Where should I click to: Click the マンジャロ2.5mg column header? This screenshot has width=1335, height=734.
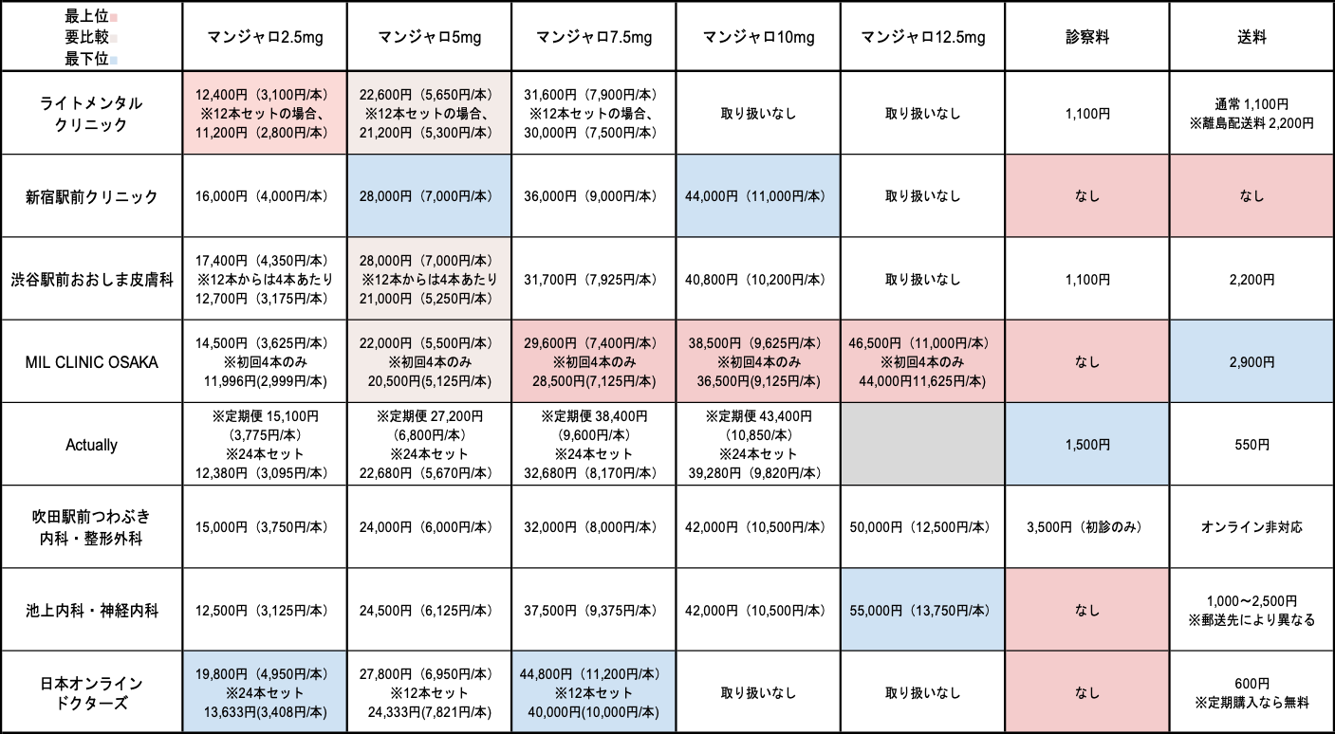click(x=266, y=37)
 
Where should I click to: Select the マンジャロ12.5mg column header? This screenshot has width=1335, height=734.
click(x=923, y=37)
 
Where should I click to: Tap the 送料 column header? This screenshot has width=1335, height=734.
click(x=1252, y=37)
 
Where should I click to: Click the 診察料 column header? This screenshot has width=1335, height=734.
click(x=1087, y=37)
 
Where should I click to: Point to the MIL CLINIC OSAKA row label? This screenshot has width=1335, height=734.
click(x=91, y=362)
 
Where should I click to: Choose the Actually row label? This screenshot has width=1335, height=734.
click(x=91, y=445)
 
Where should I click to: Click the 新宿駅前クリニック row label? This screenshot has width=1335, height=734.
click(x=91, y=196)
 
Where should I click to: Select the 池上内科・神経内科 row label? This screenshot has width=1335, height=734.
click(x=92, y=611)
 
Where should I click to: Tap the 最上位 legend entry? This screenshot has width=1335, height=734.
click(x=90, y=16)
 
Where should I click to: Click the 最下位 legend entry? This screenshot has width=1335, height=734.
click(x=90, y=59)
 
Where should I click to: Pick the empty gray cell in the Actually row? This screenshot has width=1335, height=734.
click(x=922, y=444)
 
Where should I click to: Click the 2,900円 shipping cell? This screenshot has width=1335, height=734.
click(x=1252, y=362)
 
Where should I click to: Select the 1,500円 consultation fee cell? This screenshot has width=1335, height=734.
click(x=1087, y=445)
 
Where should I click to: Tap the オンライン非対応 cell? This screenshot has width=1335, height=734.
click(x=1252, y=527)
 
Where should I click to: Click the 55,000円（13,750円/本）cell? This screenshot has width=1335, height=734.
click(x=922, y=611)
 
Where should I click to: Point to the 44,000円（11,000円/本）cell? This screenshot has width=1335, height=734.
click(x=758, y=196)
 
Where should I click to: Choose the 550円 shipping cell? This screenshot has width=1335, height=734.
click(x=1252, y=445)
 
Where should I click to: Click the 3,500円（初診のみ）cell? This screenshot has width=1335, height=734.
click(x=1087, y=527)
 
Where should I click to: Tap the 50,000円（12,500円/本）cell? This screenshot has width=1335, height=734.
click(x=922, y=527)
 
